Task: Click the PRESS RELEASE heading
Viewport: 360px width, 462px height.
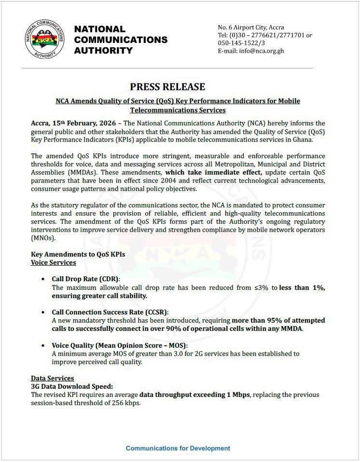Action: coord(167,87)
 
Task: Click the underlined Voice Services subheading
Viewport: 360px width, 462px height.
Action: coord(53,262)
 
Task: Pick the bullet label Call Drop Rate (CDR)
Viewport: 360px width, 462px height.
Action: coord(85,279)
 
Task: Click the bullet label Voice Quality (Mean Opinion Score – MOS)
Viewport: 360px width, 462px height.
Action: coord(119,346)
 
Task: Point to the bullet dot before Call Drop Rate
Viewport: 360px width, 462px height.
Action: coord(44,279)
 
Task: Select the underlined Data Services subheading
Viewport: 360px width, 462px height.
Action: coord(52,379)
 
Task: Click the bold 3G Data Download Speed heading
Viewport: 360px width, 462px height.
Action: coord(72,386)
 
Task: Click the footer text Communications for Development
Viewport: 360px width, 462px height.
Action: coord(178,448)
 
